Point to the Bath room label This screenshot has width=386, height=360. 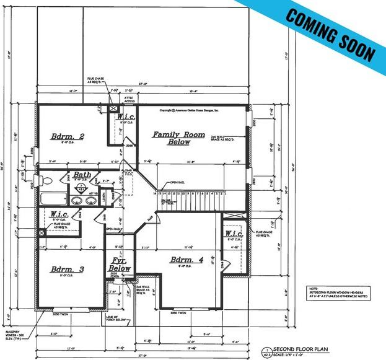[x=82, y=175]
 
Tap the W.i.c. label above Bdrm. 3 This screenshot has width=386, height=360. [x=63, y=214]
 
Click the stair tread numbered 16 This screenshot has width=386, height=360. [x=159, y=194]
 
